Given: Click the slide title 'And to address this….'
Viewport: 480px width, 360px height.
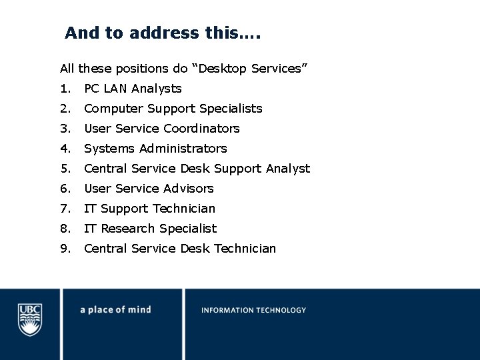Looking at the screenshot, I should pos(163,33).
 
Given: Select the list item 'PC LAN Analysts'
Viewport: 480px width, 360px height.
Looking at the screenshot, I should pos(133,89).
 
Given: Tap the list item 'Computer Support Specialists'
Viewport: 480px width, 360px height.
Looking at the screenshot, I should pos(173,109).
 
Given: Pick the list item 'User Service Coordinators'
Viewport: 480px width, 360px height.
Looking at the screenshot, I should pos(161,129).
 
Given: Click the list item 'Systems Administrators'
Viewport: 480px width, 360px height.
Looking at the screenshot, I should pos(155,149).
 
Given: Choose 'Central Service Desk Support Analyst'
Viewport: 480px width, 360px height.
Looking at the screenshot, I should pos(197,169).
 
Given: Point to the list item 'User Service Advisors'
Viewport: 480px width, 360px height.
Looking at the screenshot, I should pos(149,189).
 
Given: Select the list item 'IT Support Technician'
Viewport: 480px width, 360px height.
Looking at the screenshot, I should pos(149,209).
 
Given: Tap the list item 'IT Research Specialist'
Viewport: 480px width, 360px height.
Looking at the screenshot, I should pos(150,229).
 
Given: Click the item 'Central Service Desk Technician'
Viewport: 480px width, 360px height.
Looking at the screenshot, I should pos(179,249).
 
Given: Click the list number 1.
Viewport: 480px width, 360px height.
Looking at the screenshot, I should pos(64,89).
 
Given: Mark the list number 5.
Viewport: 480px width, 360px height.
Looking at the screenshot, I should pos(64,169).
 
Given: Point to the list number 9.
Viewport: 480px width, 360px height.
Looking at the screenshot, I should pos(64,249).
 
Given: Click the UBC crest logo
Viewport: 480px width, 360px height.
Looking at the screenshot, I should pos(30,319).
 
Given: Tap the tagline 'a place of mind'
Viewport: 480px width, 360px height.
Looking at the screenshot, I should pos(115,310).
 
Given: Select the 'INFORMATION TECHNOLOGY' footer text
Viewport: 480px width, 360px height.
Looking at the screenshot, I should pos(253,310).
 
